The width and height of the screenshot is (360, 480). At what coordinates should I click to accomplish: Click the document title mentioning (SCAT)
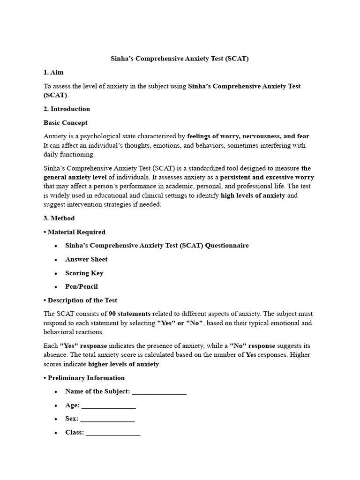(x=180, y=59)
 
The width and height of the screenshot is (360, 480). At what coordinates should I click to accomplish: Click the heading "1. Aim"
(x=53, y=72)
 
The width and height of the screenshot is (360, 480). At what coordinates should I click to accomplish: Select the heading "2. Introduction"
(x=67, y=109)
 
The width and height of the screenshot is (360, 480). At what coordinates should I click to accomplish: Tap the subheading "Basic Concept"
(x=65, y=123)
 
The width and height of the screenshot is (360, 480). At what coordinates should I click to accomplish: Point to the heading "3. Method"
(x=59, y=218)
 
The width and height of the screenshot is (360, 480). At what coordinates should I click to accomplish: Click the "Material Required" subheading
(x=76, y=232)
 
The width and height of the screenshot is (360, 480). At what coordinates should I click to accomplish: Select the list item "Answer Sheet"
(x=86, y=259)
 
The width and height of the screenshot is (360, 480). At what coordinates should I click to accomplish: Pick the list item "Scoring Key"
(x=84, y=273)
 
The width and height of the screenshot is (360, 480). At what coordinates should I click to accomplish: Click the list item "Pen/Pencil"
(x=82, y=286)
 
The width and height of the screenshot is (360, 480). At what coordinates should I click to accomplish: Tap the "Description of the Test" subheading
(x=82, y=300)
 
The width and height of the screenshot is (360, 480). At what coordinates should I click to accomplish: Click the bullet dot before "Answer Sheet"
(x=56, y=260)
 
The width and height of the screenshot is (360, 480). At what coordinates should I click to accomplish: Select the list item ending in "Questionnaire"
(x=157, y=246)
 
